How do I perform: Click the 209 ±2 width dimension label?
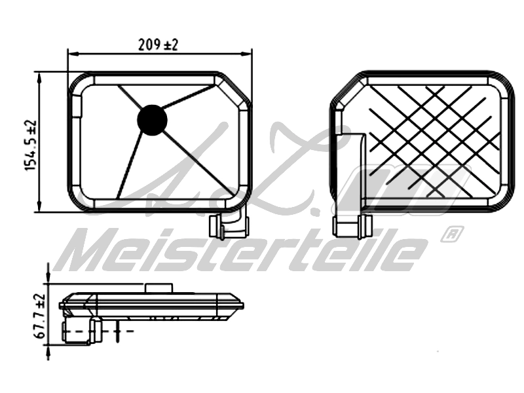(x=159, y=45)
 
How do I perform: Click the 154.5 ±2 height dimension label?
(x=31, y=145)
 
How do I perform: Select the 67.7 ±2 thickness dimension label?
(x=40, y=316)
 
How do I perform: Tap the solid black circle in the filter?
(x=152, y=120)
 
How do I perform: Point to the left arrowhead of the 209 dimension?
(x=73, y=54)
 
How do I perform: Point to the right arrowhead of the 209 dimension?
(x=247, y=54)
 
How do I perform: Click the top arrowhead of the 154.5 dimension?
(x=39, y=78)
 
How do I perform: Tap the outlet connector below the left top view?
(x=229, y=226)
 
